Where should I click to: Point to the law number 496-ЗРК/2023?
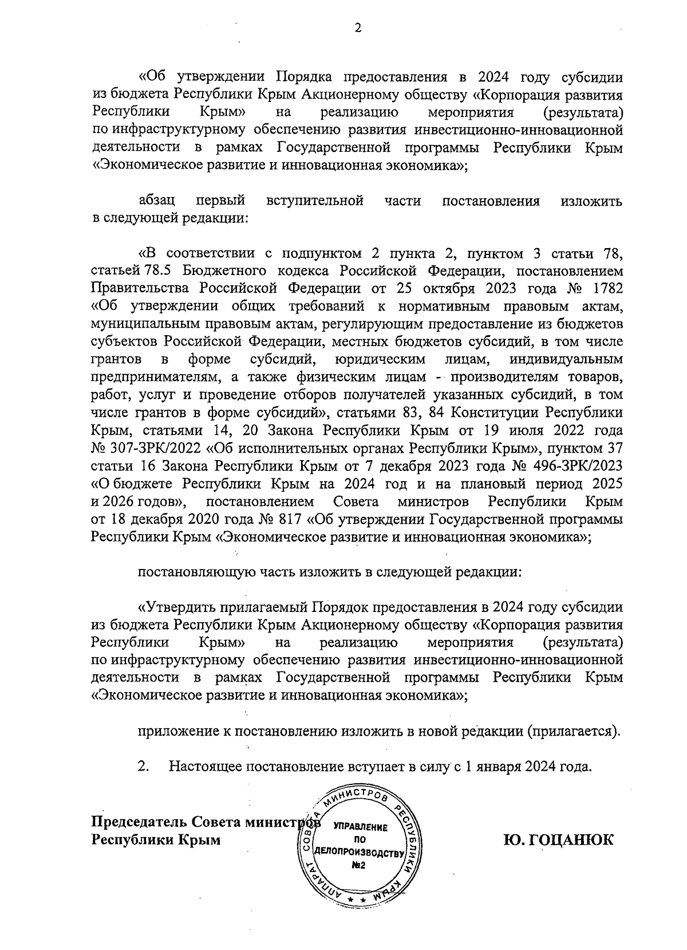pyautogui.click(x=581, y=465)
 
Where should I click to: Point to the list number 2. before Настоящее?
pyautogui.click(x=143, y=766)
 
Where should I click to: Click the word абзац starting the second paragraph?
pyautogui.click(x=157, y=201)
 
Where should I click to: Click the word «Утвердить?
pyautogui.click(x=177, y=607)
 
